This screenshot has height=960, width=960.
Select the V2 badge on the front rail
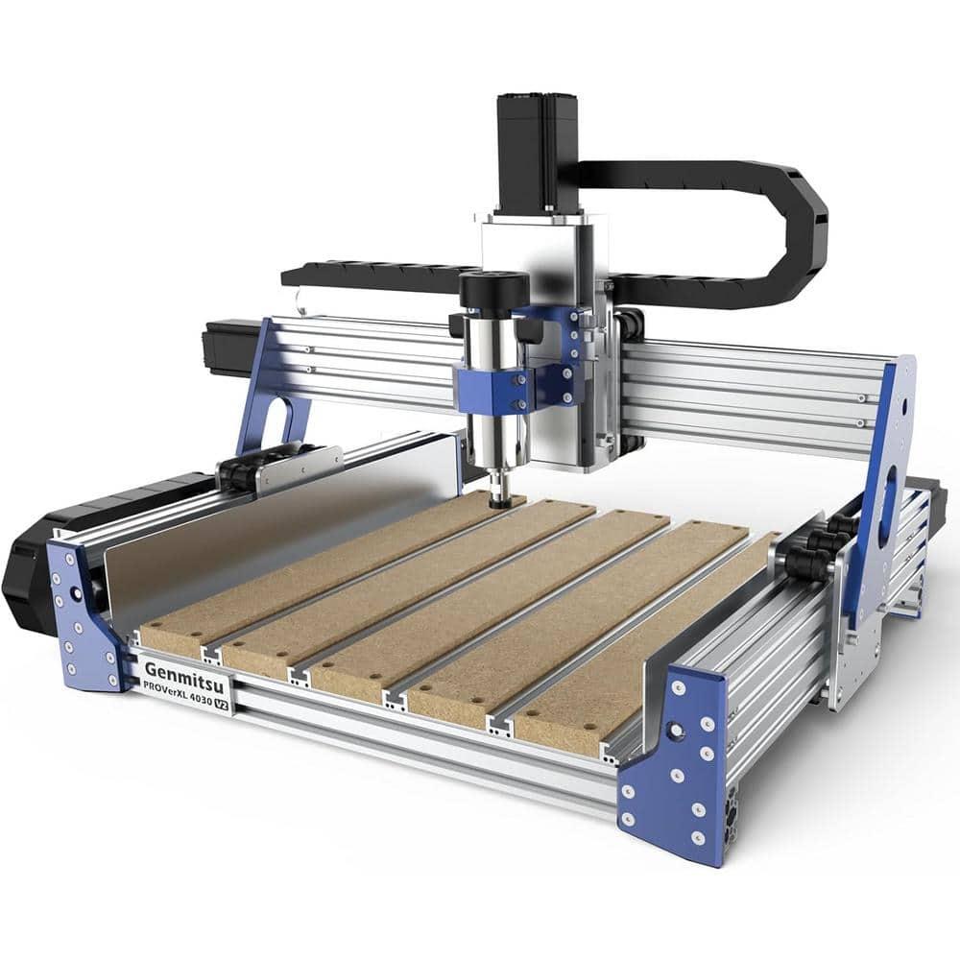point(222,704)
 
